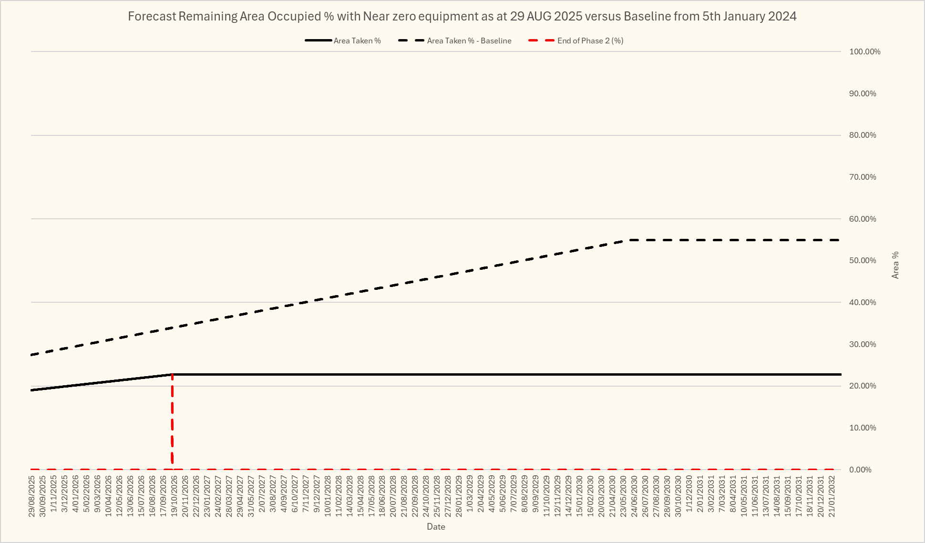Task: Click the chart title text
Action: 462,16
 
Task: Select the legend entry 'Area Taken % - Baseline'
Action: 469,41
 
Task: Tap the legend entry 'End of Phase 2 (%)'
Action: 590,41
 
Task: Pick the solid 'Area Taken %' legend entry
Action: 357,41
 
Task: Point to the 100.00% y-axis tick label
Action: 864,52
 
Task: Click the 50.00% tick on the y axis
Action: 863,261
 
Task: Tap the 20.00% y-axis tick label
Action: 863,386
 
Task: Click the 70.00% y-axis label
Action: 863,177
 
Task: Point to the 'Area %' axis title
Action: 895,265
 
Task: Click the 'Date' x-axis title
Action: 436,527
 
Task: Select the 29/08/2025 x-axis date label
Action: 32,496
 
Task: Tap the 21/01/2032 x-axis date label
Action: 832,496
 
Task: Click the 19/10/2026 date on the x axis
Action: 174,496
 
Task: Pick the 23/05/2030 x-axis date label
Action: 624,496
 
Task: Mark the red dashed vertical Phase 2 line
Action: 172,420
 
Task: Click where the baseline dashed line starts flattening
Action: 629,240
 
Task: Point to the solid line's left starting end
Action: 32,390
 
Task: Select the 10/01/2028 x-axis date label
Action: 328,496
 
